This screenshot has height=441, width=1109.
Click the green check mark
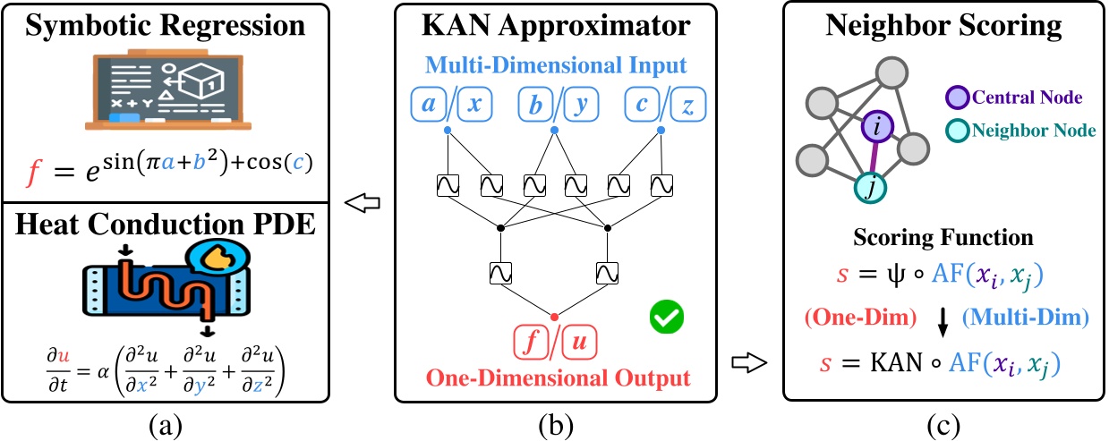(x=666, y=316)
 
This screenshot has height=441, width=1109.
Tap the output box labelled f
(x=531, y=343)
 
